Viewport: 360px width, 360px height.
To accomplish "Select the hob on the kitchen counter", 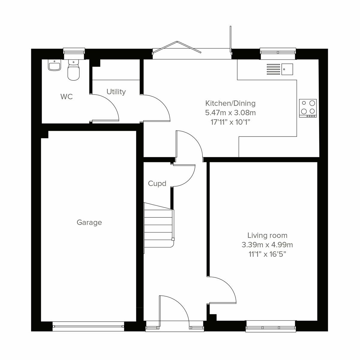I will [308, 108].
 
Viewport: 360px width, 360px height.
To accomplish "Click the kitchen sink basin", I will [287, 69].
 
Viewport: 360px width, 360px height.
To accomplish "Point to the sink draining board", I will [273, 69].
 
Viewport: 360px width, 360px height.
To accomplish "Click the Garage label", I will [89, 222].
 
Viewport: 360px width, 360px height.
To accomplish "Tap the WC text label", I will [66, 97].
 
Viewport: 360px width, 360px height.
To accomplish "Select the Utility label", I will [116, 92].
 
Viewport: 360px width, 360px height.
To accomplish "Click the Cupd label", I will [157, 183].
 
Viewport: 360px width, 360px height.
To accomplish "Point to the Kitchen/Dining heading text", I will [230, 103].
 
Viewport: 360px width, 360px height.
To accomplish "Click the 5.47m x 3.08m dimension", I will [230, 113].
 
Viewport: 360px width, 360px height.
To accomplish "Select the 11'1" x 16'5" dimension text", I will [267, 254].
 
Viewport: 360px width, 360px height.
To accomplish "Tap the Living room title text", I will [267, 235].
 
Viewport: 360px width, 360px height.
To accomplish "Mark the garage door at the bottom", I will [88, 326].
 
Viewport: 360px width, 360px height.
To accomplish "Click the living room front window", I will [271, 326].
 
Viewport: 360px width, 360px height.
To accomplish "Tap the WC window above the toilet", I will [74, 53].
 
